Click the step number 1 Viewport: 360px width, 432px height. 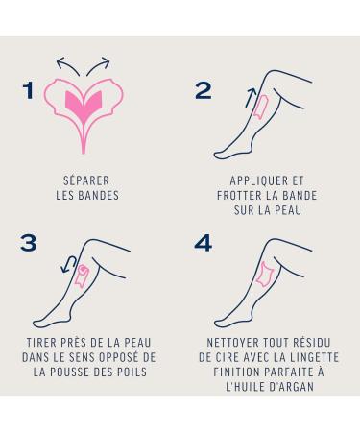[29, 90]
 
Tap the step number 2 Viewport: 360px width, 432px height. [203, 90]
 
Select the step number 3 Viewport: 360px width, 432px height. [29, 243]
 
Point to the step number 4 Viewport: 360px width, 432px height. [204, 243]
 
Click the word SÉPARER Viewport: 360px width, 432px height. [86, 180]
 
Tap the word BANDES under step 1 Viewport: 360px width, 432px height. [99, 195]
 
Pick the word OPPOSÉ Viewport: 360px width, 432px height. [119, 357]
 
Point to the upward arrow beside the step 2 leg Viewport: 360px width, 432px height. [251, 98]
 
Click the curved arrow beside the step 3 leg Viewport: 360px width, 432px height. [68, 264]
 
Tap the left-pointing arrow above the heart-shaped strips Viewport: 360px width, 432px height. [67, 65]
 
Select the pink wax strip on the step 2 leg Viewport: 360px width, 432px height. [262, 108]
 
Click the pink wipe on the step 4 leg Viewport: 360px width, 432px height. [264, 275]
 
